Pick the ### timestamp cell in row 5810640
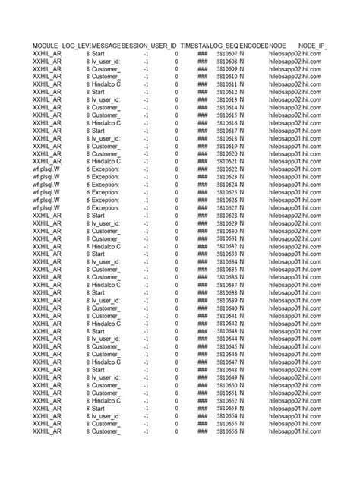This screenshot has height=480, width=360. pyautogui.click(x=203, y=308)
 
